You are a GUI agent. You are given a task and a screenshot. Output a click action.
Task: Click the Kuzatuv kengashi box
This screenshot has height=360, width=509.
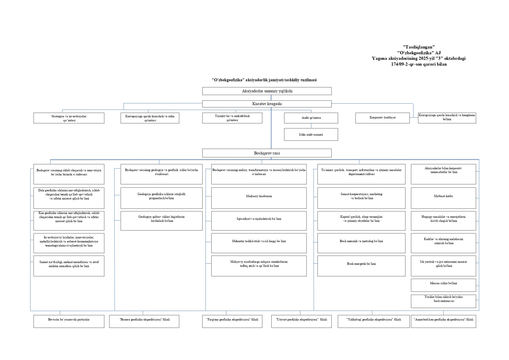point(267,104)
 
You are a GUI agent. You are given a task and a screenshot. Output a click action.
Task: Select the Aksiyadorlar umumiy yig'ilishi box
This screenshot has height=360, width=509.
point(267,91)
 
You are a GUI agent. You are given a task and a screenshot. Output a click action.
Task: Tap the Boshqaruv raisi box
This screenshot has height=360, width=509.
point(267,153)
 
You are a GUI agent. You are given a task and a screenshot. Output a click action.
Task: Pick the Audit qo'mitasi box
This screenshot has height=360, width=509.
point(311,118)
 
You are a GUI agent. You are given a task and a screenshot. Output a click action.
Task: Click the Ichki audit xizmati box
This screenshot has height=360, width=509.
point(311,134)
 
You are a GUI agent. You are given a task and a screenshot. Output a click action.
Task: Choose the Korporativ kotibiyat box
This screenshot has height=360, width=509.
point(382,118)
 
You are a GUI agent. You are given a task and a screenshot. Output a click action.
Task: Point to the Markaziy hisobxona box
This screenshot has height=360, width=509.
point(259,198)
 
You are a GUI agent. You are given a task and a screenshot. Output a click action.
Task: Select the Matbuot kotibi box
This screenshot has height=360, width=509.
point(443,198)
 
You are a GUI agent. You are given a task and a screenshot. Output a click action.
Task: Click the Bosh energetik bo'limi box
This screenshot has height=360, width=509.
point(361,266)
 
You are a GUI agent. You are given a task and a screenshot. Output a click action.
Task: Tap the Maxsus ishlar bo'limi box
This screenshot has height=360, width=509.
point(443,285)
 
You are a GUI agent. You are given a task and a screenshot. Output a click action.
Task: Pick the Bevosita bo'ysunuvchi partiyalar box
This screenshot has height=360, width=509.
point(69,321)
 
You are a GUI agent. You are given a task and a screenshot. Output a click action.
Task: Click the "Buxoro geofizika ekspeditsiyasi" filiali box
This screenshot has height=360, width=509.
point(144,321)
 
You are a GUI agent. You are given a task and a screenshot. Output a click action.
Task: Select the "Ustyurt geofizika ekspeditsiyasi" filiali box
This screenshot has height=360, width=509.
point(301,321)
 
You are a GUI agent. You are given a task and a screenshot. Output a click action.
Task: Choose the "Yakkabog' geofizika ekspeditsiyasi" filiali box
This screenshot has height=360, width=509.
point(373,321)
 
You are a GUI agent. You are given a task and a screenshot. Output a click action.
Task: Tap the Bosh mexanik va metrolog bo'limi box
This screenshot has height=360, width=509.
point(361,243)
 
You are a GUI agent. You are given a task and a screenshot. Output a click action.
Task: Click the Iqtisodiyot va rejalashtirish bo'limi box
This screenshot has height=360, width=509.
point(259,221)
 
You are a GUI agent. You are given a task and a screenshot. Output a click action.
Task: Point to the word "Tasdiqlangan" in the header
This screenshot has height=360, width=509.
point(419,47)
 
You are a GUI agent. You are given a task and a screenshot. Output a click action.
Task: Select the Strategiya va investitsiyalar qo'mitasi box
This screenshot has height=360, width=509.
point(69,118)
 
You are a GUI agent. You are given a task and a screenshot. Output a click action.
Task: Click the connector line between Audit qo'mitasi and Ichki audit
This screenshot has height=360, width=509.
point(311,126)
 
